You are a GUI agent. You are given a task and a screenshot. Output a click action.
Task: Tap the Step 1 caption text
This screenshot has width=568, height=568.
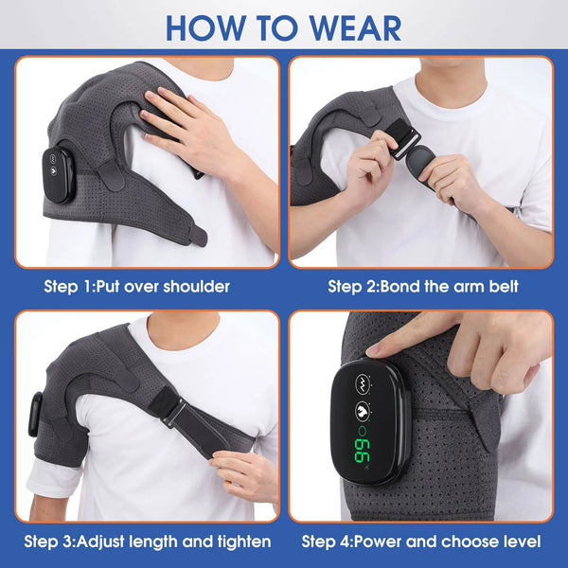pos(136,285)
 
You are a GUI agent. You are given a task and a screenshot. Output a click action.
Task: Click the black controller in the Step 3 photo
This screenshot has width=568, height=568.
pos(35,414)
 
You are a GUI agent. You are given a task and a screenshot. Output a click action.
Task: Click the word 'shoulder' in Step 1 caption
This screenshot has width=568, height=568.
pos(195,285)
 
